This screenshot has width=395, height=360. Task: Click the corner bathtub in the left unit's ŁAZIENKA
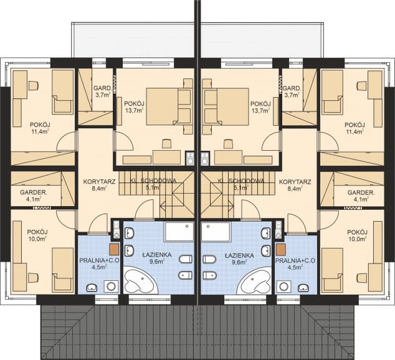(x=141, y=281)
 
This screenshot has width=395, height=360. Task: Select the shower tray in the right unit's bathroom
(x=216, y=232)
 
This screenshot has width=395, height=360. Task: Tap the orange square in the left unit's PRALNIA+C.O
(x=114, y=249)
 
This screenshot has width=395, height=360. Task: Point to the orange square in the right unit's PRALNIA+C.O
(x=281, y=249)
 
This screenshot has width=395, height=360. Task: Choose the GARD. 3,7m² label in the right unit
(x=292, y=92)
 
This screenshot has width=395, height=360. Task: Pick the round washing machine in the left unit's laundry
(x=111, y=287)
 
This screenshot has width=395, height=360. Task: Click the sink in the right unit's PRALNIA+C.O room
(x=303, y=288)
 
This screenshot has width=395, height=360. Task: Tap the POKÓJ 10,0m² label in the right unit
(x=357, y=235)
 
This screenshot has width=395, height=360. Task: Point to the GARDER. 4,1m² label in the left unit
(x=33, y=196)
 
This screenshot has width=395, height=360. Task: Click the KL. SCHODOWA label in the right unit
(x=241, y=181)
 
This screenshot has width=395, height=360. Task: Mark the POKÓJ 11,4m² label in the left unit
(x=40, y=128)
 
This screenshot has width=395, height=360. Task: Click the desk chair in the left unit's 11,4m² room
(x=34, y=85)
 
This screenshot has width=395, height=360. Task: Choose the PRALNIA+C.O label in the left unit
(x=99, y=260)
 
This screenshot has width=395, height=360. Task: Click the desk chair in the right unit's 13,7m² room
(x=229, y=144)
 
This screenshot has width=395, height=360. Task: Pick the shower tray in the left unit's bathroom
(x=179, y=232)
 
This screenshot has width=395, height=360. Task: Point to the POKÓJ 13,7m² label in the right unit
(x=260, y=107)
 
